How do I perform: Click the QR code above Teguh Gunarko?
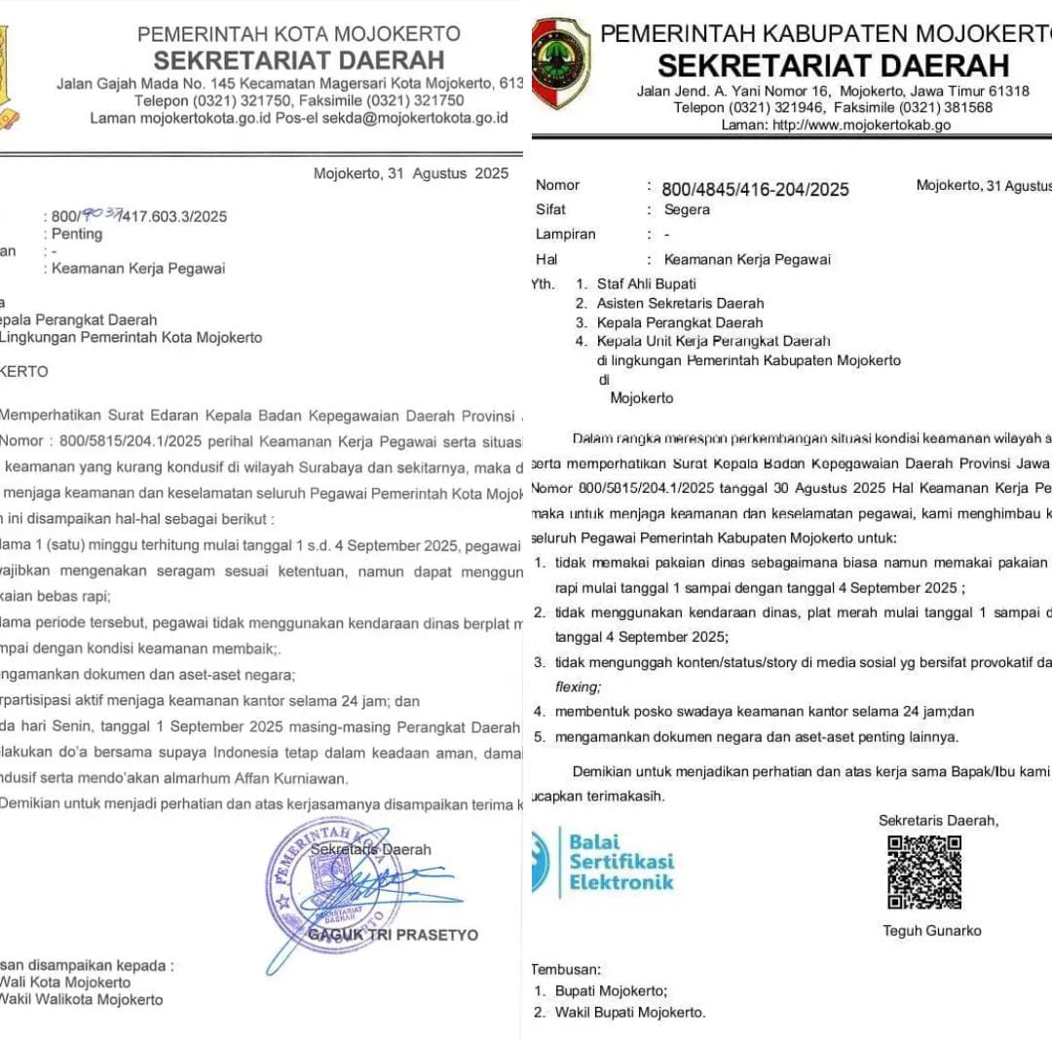click(923, 872)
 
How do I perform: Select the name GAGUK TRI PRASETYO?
click(394, 935)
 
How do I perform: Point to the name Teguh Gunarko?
click(932, 931)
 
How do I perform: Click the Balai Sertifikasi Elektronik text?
click(621, 862)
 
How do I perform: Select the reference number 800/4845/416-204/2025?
click(756, 190)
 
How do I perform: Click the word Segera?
click(687, 209)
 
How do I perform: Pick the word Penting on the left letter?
click(77, 235)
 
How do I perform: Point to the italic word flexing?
click(578, 687)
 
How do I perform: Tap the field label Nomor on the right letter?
click(558, 185)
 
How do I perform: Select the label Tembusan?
click(566, 969)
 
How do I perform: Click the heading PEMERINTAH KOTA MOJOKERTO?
click(299, 34)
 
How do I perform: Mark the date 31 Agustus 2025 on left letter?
click(411, 174)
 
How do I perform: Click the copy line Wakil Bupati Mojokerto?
click(629, 1012)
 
